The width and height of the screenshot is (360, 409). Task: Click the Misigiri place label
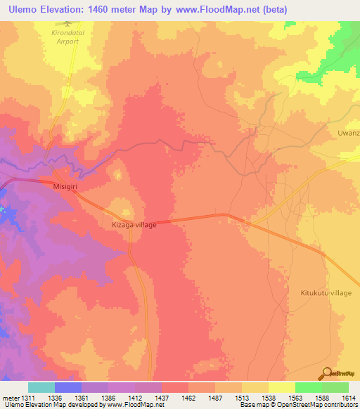point(68,188)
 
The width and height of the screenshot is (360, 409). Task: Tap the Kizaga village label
point(134,225)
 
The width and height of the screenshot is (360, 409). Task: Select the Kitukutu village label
point(326,292)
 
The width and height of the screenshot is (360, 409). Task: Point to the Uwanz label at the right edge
point(349,132)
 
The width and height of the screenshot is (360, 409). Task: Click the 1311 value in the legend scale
point(29,396)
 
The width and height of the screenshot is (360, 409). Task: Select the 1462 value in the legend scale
point(188,396)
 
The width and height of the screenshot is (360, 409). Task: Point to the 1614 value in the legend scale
point(349,396)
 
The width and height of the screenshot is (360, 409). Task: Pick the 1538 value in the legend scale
point(269,396)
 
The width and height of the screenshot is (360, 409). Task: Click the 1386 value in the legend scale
point(108,396)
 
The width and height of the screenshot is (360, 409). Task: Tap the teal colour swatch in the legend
point(41,387)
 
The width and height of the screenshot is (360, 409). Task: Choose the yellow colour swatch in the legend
point(281,387)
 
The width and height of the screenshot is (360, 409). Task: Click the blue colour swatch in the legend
point(68,387)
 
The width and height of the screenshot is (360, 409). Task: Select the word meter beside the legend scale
point(10,396)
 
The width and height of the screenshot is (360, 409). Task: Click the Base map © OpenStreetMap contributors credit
point(296,404)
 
